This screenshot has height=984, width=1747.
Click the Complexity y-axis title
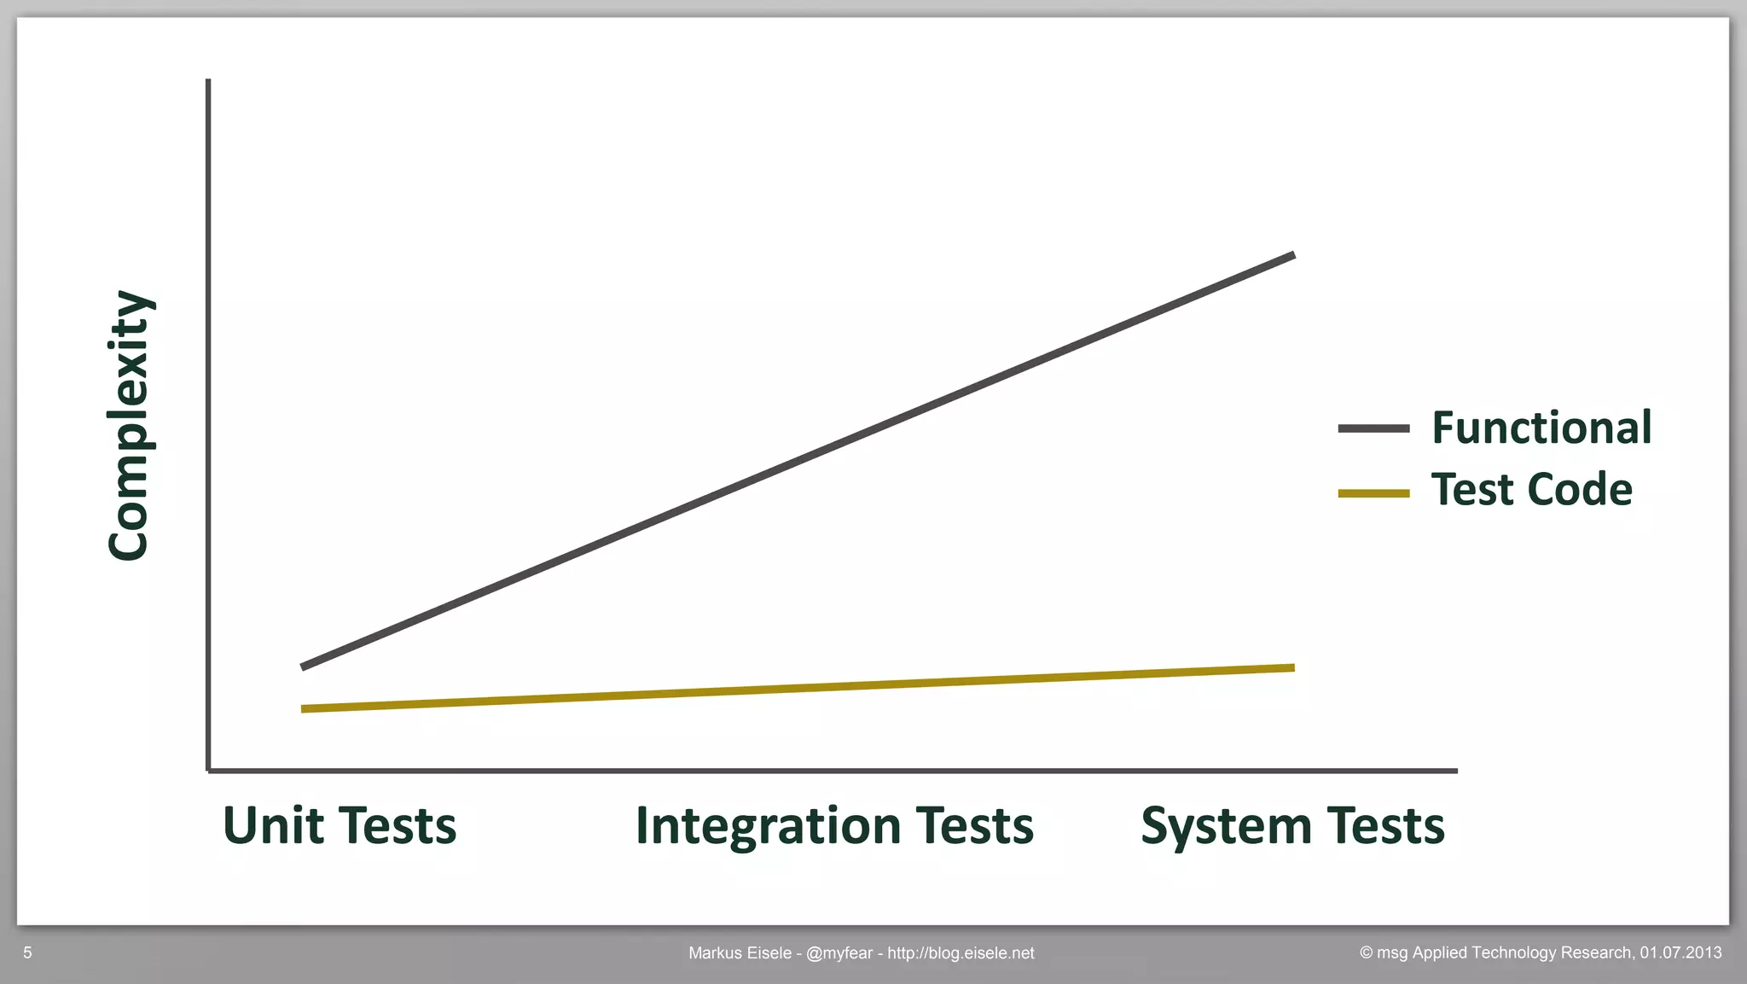(130, 425)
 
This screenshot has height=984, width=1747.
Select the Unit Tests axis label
(340, 825)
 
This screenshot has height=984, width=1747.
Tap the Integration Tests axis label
(834, 825)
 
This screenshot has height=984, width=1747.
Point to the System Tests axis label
(1292, 825)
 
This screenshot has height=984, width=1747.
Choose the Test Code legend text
(1531, 489)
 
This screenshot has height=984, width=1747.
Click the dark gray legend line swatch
(1373, 428)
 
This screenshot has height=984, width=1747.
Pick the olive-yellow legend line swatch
(1373, 493)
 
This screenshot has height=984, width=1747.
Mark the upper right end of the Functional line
(1291, 256)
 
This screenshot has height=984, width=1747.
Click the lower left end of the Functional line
(305, 666)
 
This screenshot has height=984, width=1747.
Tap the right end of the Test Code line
(1291, 668)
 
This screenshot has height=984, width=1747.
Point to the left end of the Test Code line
(305, 708)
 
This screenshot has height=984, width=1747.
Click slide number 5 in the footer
(27, 952)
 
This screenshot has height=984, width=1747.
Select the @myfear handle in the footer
(839, 953)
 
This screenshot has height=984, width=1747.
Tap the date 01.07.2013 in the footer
(1680, 952)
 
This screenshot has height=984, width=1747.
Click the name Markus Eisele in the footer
(740, 953)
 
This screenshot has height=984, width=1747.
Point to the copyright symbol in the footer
(1366, 952)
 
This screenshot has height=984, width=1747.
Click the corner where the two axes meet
(209, 771)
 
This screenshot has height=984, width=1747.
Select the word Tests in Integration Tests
(974, 825)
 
